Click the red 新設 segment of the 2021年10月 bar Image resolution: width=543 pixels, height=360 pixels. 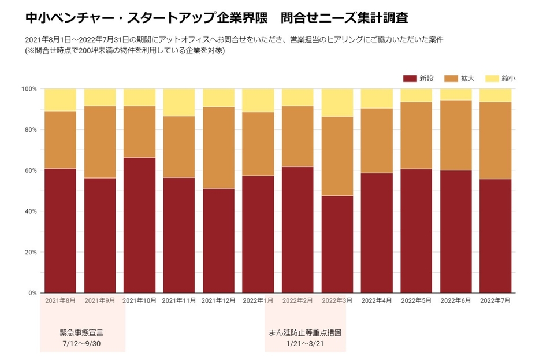click(x=139, y=225)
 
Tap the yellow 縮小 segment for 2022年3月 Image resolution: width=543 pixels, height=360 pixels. click(x=337, y=102)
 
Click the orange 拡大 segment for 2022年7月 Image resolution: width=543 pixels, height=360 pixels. click(x=495, y=140)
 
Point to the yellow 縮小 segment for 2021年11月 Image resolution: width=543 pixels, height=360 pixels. click(x=178, y=102)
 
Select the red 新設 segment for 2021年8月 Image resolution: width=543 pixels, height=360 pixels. click(x=60, y=231)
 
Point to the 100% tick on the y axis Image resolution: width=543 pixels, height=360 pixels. click(x=29, y=89)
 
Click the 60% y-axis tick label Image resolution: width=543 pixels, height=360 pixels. click(x=29, y=170)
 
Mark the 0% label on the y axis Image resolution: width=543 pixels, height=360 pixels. click(x=32, y=293)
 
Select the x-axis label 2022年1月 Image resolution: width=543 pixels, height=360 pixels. click(x=258, y=301)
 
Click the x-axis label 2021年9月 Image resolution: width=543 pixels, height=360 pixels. click(x=99, y=301)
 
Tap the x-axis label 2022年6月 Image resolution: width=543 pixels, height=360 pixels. click(x=456, y=301)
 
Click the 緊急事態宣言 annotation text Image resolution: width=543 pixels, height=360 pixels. click(x=82, y=333)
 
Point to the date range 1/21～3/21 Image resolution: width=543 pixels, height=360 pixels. click(x=305, y=343)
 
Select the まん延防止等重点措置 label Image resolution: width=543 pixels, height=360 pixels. click(x=305, y=333)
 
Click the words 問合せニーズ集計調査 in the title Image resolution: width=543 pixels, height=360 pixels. click(x=344, y=18)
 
